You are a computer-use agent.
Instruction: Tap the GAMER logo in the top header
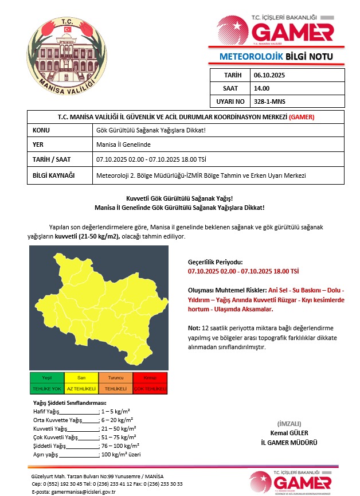(275, 29)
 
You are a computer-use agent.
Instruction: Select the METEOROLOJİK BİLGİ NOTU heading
(275, 57)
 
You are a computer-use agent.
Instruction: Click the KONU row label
(42, 131)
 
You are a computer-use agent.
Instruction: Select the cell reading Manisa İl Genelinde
(123, 145)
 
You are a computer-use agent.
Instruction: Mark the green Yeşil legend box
(47, 378)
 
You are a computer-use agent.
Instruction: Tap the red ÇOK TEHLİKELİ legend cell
(150, 389)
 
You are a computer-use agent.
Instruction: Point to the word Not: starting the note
(193, 328)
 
